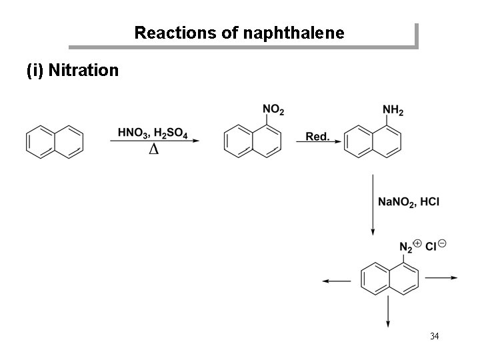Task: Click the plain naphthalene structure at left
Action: coord(55,141)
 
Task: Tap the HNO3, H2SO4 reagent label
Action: coord(153,133)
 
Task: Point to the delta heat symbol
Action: coord(153,149)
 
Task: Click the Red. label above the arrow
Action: coord(317,137)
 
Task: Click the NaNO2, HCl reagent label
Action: coord(409,201)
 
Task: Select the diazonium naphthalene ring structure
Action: coord(390,277)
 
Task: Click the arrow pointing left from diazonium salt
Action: coord(337,281)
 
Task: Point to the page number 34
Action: coord(434,335)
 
